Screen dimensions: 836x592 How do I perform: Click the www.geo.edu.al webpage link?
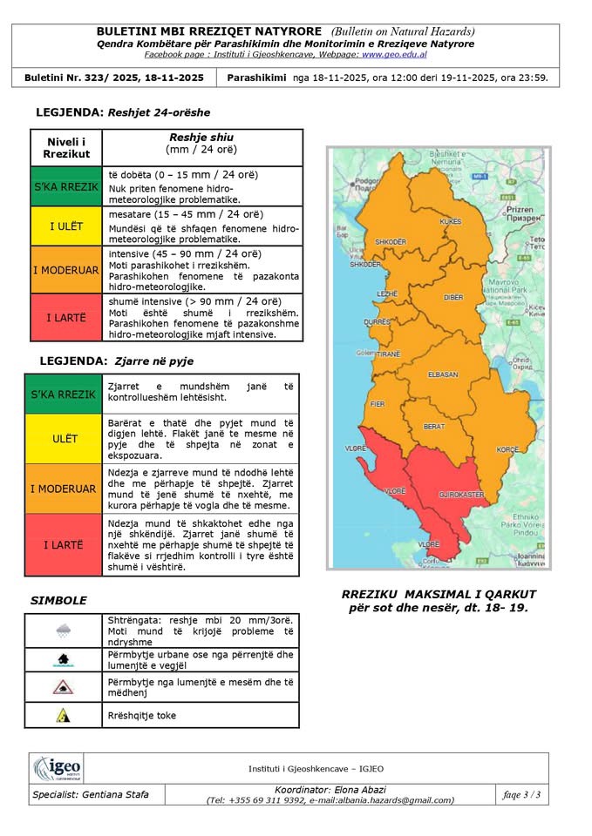point(394,54)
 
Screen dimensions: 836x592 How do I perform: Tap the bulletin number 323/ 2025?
point(144,78)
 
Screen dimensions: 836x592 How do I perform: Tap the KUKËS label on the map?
point(450,222)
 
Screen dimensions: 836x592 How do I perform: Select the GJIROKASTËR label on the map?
point(461,494)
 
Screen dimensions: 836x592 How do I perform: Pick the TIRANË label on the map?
point(388,354)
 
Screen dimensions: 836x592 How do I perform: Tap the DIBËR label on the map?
point(453,297)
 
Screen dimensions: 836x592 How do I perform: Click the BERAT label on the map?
point(433,427)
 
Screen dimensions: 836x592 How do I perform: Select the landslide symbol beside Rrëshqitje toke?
point(63,715)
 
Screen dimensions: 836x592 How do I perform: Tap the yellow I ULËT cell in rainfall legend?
point(66,226)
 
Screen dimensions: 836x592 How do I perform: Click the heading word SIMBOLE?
point(58,600)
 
